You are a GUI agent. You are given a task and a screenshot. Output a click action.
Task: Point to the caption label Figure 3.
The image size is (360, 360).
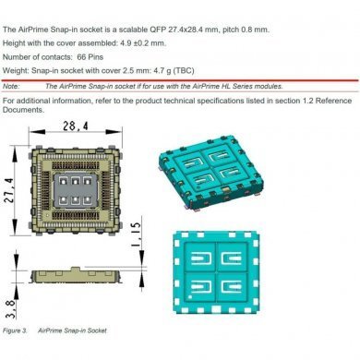(16, 330)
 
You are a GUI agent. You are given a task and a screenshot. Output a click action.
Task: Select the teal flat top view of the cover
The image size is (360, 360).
(270, 273)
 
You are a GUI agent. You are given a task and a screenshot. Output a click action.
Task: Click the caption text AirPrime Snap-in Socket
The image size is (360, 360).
(83, 330)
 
